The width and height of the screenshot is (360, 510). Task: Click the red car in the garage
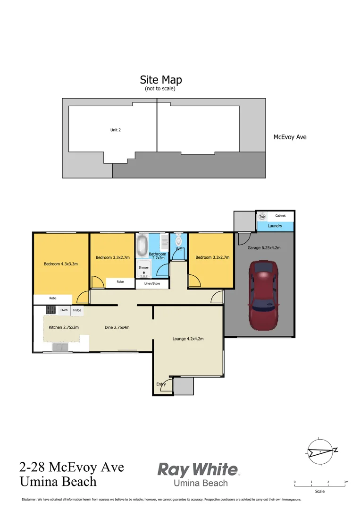tap(264, 296)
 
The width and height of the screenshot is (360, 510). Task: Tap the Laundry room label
tap(275, 226)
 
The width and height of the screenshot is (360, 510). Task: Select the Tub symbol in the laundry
tap(262, 216)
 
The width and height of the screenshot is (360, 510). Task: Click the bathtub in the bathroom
tap(142, 246)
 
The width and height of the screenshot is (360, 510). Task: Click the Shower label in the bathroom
tap(143, 267)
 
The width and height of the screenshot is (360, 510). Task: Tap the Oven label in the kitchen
tap(64, 310)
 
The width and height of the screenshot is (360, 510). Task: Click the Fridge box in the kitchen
tap(77, 311)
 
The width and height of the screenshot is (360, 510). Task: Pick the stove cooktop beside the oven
tap(50, 310)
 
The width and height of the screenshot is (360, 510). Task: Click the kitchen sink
tap(59, 347)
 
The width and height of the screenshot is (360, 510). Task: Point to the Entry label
tap(161, 384)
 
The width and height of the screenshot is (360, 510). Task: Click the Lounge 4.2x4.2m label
tap(188, 339)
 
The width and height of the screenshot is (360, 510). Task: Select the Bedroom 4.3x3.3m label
tap(61, 264)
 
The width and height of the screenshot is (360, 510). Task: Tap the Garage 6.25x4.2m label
tap(264, 247)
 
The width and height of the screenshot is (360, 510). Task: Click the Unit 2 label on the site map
tap(116, 130)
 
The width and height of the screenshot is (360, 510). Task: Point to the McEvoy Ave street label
tap(290, 137)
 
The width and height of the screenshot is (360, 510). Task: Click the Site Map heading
tap(160, 80)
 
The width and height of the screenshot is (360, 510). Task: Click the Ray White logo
tap(198, 470)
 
